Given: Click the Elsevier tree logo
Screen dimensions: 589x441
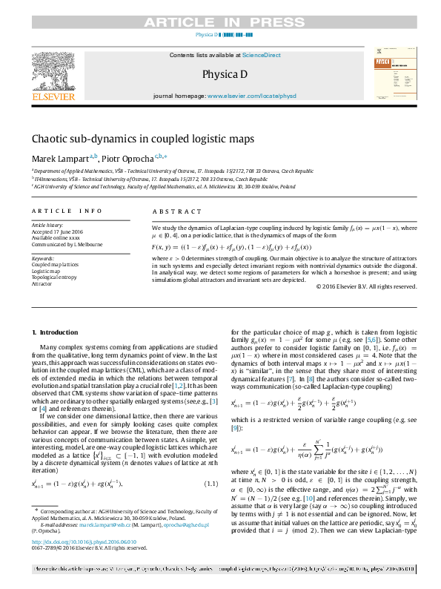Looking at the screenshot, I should click(x=53, y=70).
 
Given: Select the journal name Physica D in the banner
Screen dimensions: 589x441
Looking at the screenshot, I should click(x=219, y=75).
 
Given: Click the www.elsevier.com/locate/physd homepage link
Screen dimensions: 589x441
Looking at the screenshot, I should click(x=251, y=96).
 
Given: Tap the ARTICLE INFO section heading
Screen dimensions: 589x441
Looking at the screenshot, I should click(x=67, y=211).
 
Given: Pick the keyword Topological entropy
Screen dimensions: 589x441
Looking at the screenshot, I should click(x=55, y=277).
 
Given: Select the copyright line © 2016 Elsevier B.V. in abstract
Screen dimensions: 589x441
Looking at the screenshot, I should click(x=365, y=286).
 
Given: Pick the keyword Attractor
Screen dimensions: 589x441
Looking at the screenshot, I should click(x=42, y=283).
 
